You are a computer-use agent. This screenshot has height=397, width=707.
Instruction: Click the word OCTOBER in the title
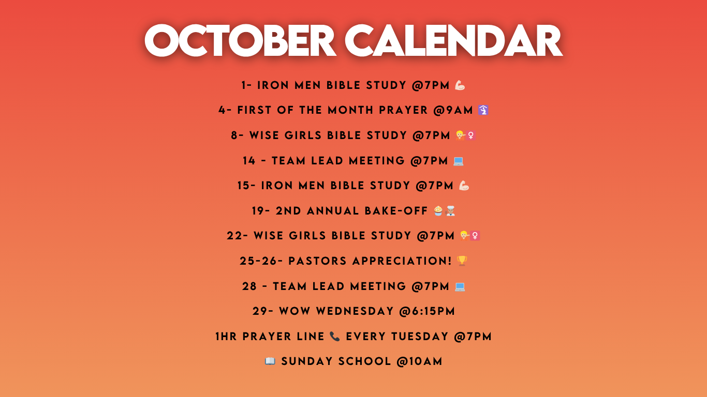click(x=240, y=40)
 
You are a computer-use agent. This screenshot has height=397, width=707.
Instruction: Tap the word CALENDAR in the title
click(x=453, y=40)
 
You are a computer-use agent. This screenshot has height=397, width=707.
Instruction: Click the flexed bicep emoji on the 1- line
click(x=460, y=85)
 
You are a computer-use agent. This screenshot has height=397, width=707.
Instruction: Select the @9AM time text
click(x=453, y=110)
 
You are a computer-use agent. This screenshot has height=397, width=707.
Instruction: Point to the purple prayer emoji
click(x=483, y=110)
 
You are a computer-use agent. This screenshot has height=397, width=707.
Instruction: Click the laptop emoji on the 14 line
click(x=458, y=161)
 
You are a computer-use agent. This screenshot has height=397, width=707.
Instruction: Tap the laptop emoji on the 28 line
click(x=460, y=286)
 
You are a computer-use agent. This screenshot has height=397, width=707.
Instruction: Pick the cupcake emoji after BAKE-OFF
click(x=438, y=210)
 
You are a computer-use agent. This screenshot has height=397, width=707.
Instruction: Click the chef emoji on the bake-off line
click(x=450, y=210)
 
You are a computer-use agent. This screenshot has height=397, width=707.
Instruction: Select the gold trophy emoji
click(x=462, y=261)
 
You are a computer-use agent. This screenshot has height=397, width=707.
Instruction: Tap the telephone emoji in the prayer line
click(x=334, y=337)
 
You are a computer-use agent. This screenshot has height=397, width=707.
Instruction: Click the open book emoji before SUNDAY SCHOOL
click(x=270, y=361)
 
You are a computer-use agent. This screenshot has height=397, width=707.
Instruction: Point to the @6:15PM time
click(x=427, y=311)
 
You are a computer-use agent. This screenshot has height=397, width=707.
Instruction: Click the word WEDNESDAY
click(x=355, y=311)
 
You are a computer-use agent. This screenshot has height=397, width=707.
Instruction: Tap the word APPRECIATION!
click(x=402, y=261)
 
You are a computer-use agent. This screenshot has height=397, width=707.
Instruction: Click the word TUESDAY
click(x=420, y=337)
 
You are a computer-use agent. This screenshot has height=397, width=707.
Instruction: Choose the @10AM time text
click(x=419, y=361)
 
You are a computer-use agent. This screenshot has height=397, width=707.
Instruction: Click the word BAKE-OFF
click(x=396, y=211)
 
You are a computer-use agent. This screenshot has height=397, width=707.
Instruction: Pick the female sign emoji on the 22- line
click(x=475, y=236)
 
